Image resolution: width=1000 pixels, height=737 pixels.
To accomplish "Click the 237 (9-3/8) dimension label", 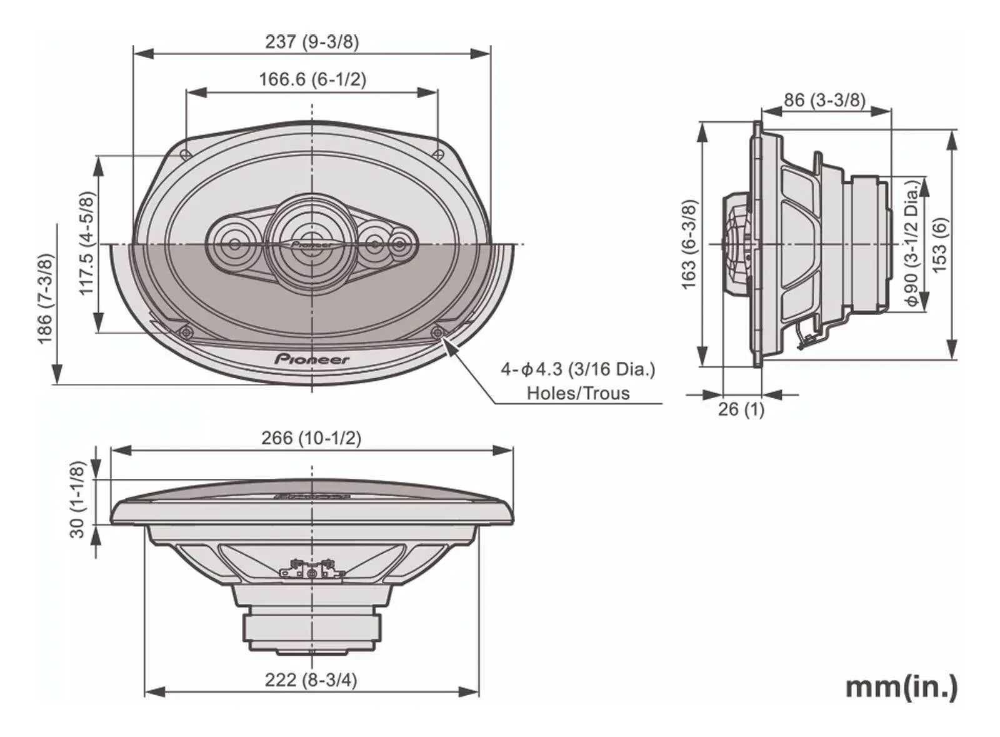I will point(312,42).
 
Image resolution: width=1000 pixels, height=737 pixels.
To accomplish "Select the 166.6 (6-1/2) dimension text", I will point(312,79).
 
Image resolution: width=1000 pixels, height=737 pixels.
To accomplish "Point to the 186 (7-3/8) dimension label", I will point(45,298).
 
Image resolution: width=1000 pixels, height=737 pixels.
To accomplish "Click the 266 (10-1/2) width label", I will point(311,438).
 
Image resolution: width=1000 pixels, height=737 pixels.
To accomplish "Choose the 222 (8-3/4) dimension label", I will point(311,679).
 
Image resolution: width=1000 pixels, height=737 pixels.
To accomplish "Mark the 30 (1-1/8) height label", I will point(77,499).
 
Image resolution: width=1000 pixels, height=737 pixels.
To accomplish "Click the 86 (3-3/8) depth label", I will point(824,100).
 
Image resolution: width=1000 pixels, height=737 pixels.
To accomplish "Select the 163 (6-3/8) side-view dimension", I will point(688,244).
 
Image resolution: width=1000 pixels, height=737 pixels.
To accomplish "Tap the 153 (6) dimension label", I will point(939,244).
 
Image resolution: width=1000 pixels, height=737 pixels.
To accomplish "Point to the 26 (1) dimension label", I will point(741,409).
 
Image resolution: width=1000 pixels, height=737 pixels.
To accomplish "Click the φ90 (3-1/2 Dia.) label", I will point(912,244).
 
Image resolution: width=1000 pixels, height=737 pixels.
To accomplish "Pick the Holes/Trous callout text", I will point(578,393).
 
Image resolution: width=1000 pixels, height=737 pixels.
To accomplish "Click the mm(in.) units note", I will point(901,687).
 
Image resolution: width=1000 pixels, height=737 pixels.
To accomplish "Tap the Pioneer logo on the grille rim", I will point(312,359).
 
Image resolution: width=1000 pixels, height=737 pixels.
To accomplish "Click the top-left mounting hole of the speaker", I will point(185,154).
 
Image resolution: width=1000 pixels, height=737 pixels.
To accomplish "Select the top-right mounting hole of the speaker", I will point(439,154).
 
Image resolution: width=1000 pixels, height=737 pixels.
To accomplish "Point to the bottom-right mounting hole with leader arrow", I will point(438,332).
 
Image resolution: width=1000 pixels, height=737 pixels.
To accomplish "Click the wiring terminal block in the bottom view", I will point(312,571).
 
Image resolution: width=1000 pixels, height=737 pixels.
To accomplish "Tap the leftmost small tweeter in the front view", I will point(234,244).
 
